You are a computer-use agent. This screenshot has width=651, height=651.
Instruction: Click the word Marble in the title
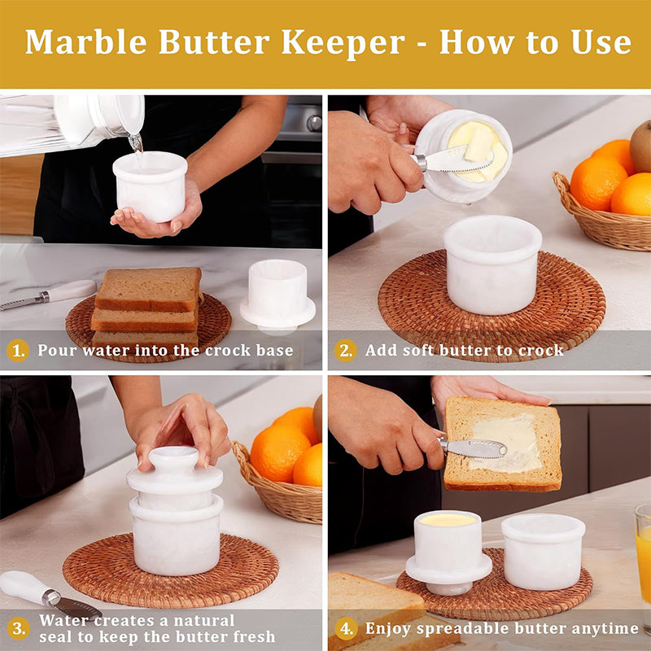point(86,42)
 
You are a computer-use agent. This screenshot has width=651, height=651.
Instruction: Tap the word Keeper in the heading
point(343,43)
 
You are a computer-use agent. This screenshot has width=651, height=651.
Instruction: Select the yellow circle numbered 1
point(18,351)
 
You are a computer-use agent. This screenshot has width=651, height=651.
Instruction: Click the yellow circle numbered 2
point(345,351)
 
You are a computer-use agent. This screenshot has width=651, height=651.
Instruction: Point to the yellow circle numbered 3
point(18,628)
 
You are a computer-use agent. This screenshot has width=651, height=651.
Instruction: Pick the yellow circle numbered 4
point(346,628)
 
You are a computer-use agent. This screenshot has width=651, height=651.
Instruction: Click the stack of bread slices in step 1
point(146,308)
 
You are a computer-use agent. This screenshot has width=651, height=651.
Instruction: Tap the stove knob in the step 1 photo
point(314,124)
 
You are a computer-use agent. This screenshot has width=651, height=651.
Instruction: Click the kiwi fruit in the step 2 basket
point(640,146)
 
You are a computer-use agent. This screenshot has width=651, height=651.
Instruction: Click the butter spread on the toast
point(507,442)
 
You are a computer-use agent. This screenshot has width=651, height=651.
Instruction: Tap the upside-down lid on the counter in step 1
point(277,295)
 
